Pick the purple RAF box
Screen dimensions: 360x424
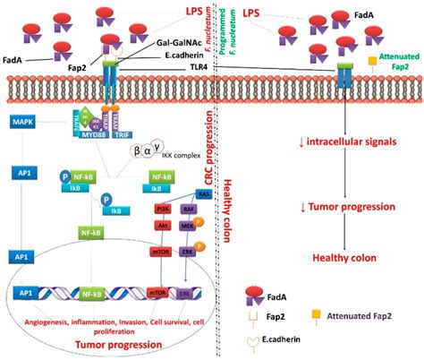click(187, 210)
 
